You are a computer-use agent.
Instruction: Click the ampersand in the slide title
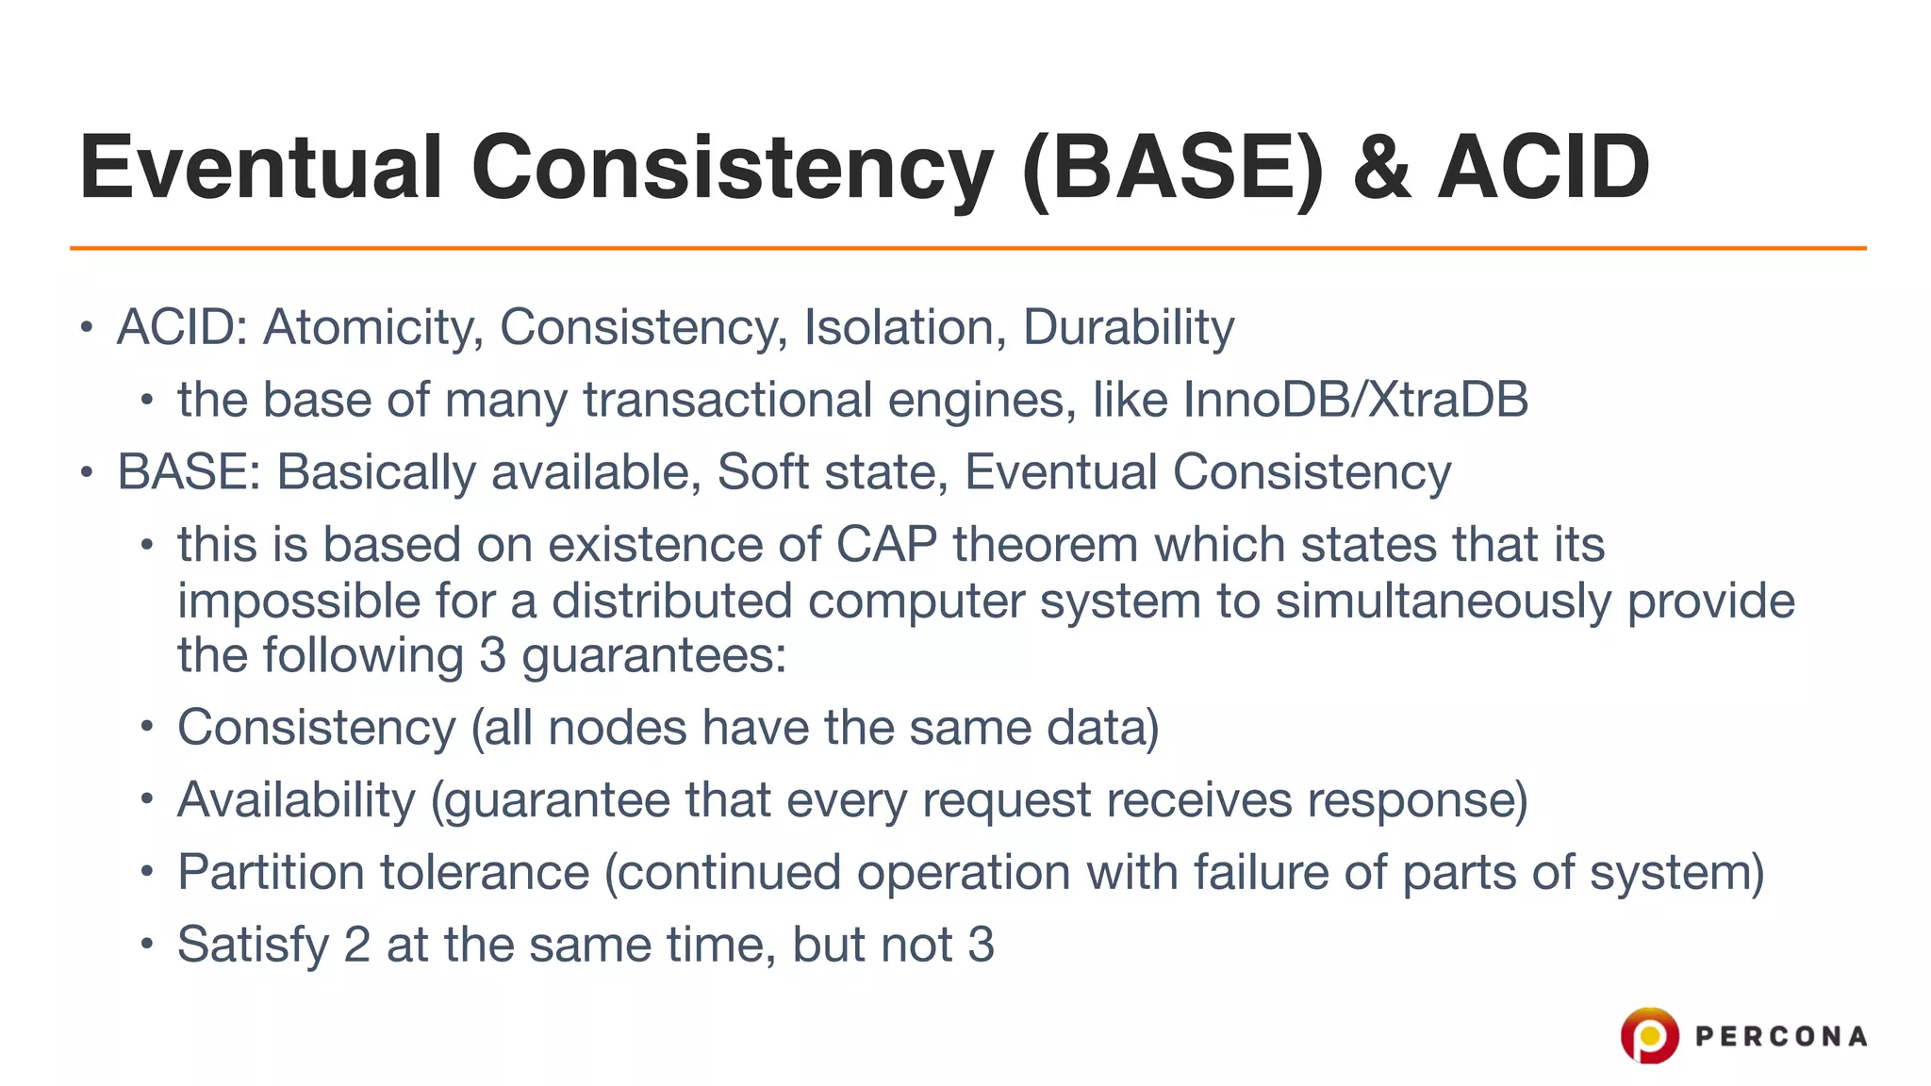click(x=1381, y=168)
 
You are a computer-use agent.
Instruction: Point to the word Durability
click(x=1128, y=328)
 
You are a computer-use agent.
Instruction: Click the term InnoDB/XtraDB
click(x=1355, y=400)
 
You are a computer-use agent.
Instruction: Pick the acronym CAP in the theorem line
click(x=886, y=545)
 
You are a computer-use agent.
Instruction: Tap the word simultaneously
click(x=1443, y=601)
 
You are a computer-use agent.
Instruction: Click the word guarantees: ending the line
click(x=653, y=656)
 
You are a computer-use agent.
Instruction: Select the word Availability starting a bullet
click(x=296, y=800)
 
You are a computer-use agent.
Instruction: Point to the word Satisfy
click(x=253, y=945)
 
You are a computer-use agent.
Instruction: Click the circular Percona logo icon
click(x=1649, y=1035)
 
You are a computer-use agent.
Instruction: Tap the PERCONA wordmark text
click(x=1780, y=1037)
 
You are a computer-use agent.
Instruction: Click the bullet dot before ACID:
click(x=87, y=328)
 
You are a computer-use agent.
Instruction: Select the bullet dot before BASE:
click(x=87, y=471)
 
